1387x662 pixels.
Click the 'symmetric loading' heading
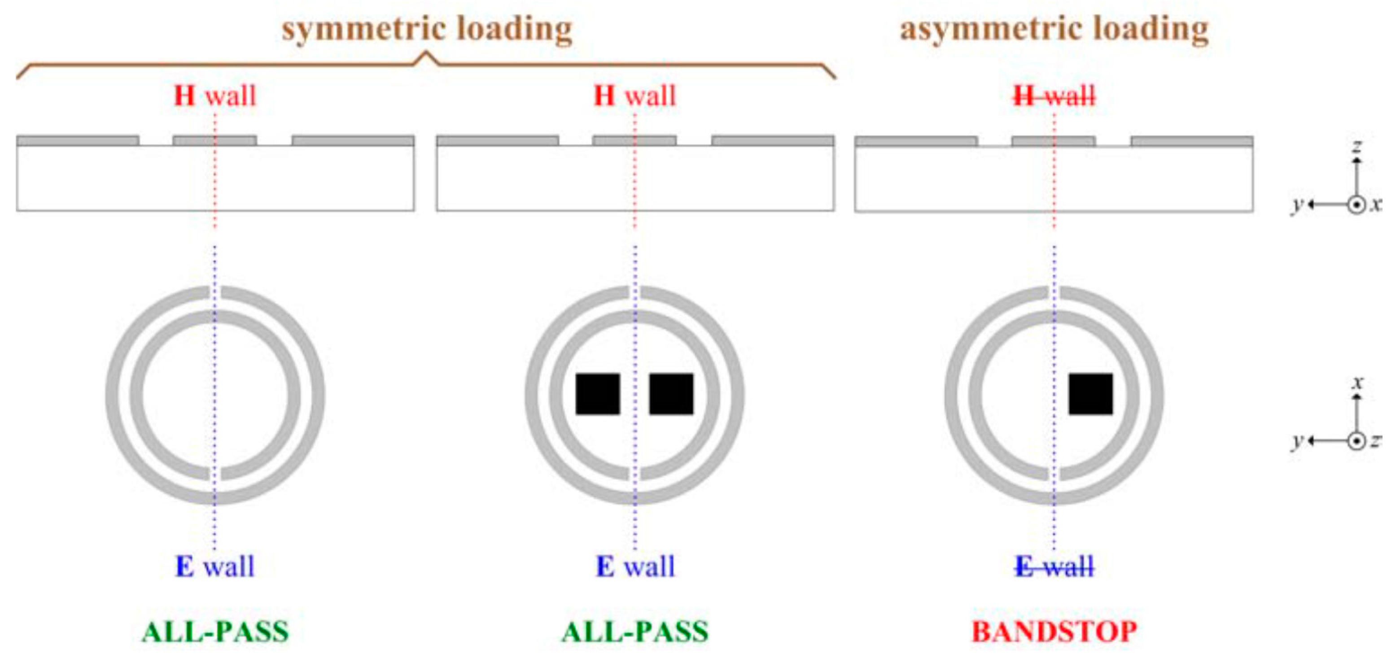[x=427, y=29]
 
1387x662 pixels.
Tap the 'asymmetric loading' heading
[x=1054, y=29]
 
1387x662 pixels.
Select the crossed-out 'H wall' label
[x=1054, y=96]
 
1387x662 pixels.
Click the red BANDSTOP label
[x=1054, y=632]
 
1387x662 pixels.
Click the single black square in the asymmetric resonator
[x=1090, y=394]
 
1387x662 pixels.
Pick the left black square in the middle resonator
[x=598, y=394]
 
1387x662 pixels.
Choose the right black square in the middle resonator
[x=671, y=394]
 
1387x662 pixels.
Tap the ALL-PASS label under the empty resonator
[x=215, y=632]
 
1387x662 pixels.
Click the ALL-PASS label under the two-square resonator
[x=635, y=632]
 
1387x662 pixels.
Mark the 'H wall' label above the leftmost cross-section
[x=215, y=96]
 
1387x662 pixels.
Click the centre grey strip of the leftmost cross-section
[x=214, y=141]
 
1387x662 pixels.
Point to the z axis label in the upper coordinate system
[x=1357, y=146]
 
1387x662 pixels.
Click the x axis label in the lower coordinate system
[x=1358, y=383]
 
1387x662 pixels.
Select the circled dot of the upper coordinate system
[x=1356, y=205]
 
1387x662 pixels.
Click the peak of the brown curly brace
[x=426, y=53]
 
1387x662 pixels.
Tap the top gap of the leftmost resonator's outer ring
[x=215, y=293]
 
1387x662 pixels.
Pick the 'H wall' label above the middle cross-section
[x=635, y=96]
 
